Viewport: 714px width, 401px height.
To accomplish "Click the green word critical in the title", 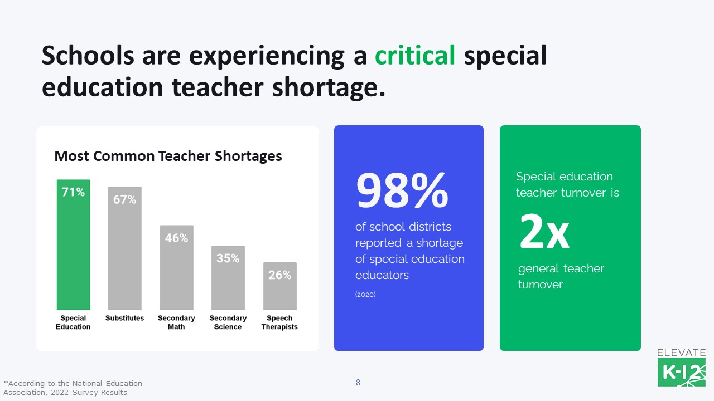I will (415, 56).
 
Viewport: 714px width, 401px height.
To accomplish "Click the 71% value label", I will (73, 193).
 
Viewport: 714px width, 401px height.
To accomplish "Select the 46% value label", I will (176, 238).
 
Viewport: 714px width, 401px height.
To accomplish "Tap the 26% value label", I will (279, 275).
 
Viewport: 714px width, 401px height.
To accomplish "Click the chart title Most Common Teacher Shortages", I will (168, 156).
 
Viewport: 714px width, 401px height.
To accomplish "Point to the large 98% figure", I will (402, 190).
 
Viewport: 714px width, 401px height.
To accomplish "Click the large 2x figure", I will (544, 232).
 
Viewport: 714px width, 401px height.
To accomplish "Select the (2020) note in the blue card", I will (365, 294).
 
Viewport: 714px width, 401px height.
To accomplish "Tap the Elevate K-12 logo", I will (681, 368).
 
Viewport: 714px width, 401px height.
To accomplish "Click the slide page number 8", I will (358, 383).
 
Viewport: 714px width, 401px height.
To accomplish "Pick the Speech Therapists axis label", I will (279, 322).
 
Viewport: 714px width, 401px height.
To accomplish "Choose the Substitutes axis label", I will (124, 318).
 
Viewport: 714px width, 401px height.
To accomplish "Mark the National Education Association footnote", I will (73, 388).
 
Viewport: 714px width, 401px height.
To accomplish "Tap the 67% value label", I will (124, 199).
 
